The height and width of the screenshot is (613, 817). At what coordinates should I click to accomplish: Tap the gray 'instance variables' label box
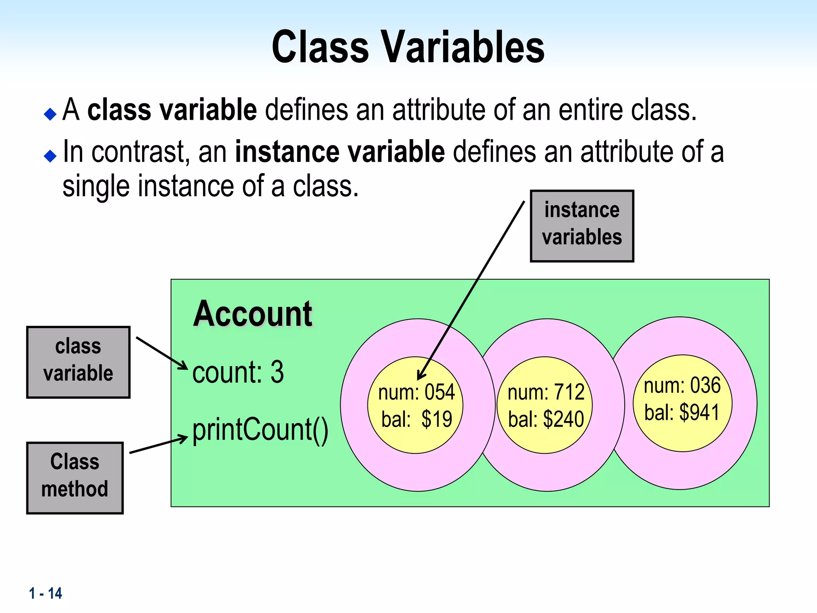click(582, 226)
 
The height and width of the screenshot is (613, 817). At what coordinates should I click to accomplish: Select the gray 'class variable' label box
click(78, 362)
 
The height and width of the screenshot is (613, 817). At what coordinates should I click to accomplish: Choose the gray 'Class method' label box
click(75, 478)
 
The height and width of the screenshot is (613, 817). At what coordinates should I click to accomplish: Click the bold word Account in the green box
click(252, 314)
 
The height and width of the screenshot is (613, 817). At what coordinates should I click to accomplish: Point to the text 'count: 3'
click(238, 372)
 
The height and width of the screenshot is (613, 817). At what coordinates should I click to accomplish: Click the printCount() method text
click(260, 430)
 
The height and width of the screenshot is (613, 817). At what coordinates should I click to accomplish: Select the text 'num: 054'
click(416, 392)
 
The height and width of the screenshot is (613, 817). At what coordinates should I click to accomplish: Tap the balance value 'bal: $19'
click(416, 419)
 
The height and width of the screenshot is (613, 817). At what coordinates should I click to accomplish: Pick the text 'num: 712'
click(546, 392)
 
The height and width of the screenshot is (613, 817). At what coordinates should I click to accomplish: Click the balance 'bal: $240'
click(546, 419)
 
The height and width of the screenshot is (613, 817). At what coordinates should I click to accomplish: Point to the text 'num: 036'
click(682, 386)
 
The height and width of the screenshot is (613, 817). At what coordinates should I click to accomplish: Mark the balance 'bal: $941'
click(682, 413)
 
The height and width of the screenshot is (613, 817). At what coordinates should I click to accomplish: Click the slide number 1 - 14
click(45, 593)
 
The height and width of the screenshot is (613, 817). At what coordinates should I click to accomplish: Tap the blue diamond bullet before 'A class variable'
click(50, 115)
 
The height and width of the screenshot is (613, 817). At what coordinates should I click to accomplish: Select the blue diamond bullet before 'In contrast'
click(50, 156)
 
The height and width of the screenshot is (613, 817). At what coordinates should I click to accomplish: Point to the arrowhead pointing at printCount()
click(184, 438)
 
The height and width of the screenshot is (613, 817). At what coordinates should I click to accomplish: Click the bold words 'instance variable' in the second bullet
click(340, 152)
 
